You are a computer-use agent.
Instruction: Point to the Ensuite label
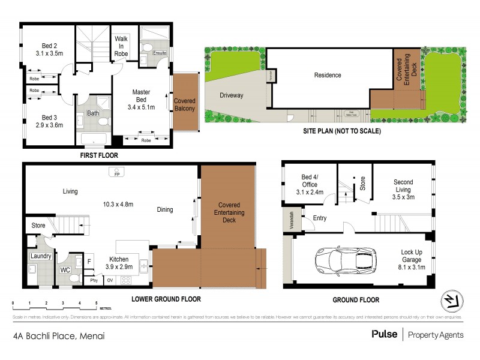[x=159, y=53]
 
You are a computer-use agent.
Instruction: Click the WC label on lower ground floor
[x=65, y=271]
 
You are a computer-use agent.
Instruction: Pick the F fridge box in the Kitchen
[x=89, y=261]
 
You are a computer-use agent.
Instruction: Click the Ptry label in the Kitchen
[x=94, y=280]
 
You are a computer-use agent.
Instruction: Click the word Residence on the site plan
[x=328, y=75]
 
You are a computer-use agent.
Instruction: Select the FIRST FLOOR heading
[x=98, y=155]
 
